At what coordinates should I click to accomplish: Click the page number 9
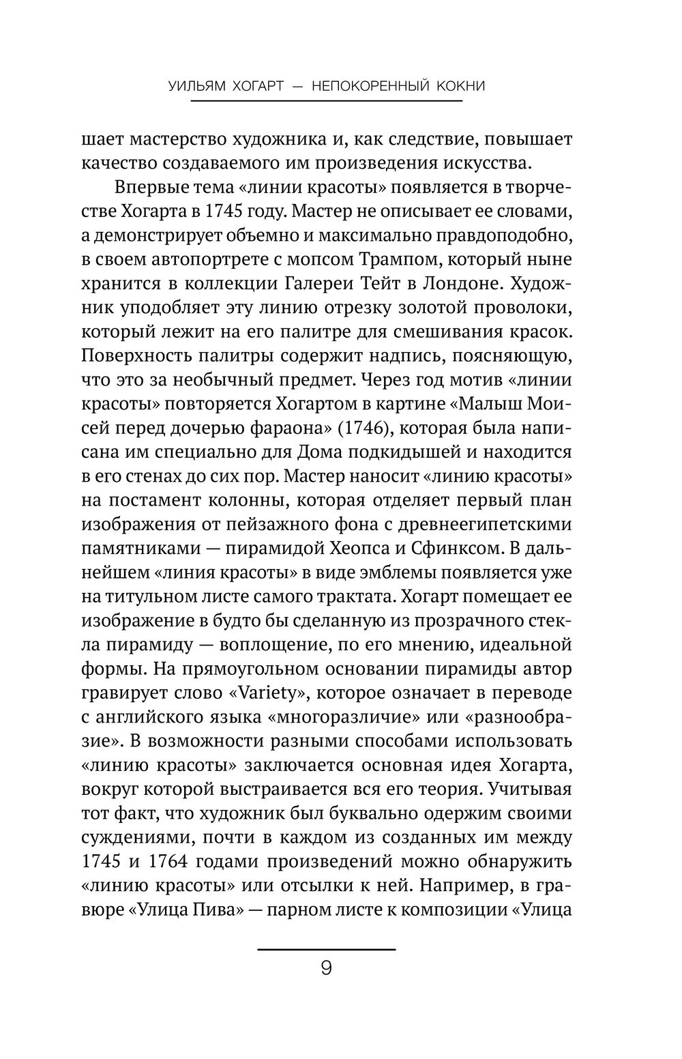click(326, 968)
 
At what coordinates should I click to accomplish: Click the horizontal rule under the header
click(326, 102)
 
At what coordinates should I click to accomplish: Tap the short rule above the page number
click(326, 948)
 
